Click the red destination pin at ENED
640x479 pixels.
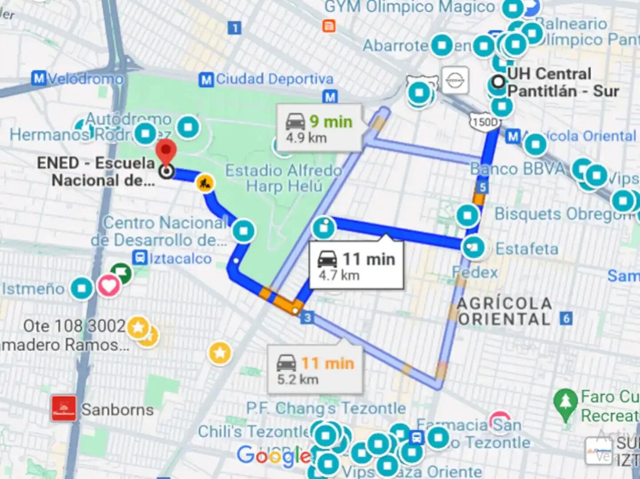pos(166,151)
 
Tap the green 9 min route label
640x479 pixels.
pos(331,122)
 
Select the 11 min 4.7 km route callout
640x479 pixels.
pos(356,266)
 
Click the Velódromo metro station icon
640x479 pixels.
pos(39,79)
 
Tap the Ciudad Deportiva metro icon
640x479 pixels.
pos(205,80)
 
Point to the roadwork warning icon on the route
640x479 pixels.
pos(205,183)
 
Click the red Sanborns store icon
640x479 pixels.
pos(64,408)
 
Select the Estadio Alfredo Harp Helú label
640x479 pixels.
pos(284,178)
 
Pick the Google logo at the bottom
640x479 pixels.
pos(274,456)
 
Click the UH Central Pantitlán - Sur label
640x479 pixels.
pos(562,83)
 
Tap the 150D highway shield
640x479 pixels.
pos(485,122)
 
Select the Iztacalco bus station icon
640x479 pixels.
pos(140,258)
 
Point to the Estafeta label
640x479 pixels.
pos(527,249)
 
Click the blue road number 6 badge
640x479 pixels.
pos(566,318)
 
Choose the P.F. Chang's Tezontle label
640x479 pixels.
pos(326,408)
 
